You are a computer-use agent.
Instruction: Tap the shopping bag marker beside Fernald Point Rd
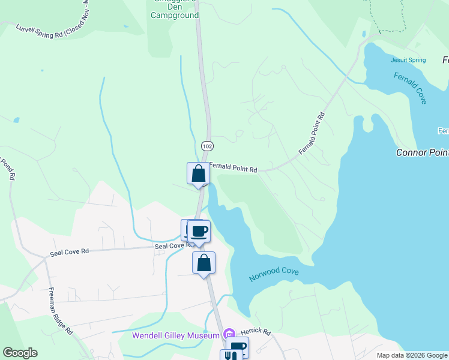tap(198, 174)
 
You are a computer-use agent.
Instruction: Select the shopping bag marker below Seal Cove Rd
tap(203, 263)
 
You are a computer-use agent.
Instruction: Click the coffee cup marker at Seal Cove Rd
tap(199, 232)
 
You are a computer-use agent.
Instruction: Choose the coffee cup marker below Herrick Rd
tap(239, 347)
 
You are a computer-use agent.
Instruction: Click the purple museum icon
tap(228, 334)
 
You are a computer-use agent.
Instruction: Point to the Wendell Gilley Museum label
tap(175, 335)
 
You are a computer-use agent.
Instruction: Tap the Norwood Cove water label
tap(274, 275)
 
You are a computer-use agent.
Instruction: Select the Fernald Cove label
tap(411, 88)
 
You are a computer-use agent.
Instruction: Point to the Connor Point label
tap(422, 152)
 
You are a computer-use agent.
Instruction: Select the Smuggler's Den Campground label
tap(175, 10)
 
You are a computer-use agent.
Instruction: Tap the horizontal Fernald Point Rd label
tap(234, 170)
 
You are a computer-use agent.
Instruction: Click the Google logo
tap(20, 353)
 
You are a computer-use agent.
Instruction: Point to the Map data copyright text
tap(411, 355)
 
